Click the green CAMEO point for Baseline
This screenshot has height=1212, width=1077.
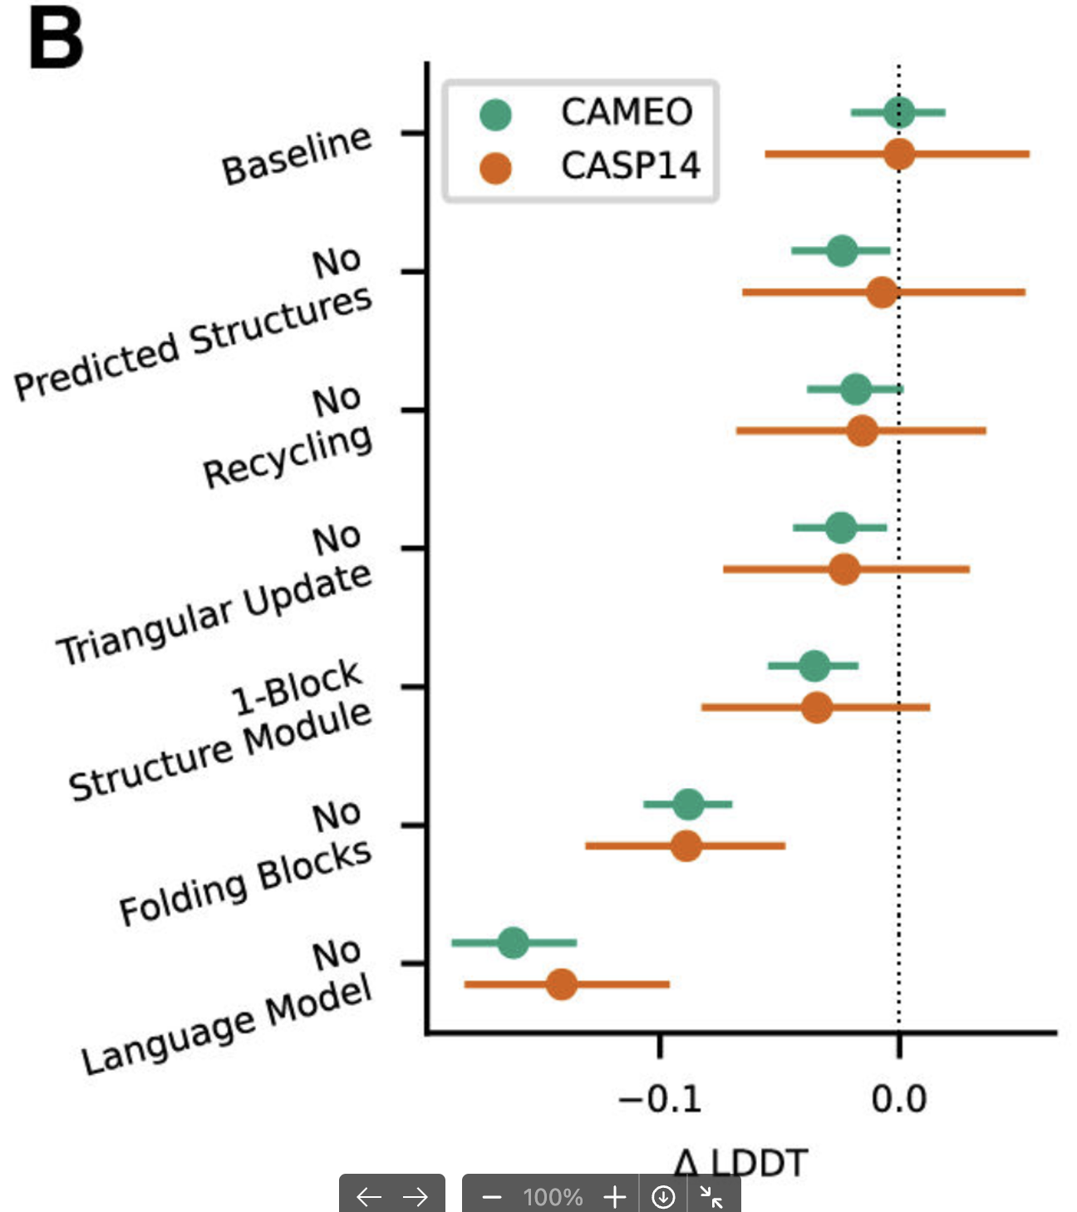pyautogui.click(x=899, y=112)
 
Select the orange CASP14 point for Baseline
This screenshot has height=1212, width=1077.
pyautogui.click(x=899, y=154)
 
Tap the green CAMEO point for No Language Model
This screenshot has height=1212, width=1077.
pyautogui.click(x=514, y=943)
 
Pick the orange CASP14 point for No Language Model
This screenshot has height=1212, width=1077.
pyautogui.click(x=562, y=984)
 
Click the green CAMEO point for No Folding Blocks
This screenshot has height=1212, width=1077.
pyautogui.click(x=688, y=804)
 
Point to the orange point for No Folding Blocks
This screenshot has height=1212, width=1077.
pyautogui.click(x=686, y=846)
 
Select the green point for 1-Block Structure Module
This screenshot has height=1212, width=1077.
pyautogui.click(x=814, y=665)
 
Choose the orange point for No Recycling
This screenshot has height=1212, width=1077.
pyautogui.click(x=863, y=431)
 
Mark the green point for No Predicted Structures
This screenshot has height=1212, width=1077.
pyautogui.click(x=842, y=250)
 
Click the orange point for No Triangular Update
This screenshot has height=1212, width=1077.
pyautogui.click(x=844, y=569)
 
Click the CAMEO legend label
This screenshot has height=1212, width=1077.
pyautogui.click(x=627, y=112)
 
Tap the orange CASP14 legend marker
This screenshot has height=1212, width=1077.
pyautogui.click(x=495, y=167)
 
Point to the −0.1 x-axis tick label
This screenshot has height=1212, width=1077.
pyautogui.click(x=661, y=1100)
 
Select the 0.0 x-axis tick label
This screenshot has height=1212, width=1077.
pyautogui.click(x=899, y=1100)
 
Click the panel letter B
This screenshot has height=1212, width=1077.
pyautogui.click(x=56, y=40)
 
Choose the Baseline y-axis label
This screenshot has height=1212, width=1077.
pyautogui.click(x=296, y=155)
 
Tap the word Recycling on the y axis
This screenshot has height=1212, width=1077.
pyautogui.click(x=288, y=456)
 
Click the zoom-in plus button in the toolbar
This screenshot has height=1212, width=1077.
pyautogui.click(x=615, y=1196)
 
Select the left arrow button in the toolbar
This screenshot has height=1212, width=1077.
pyautogui.click(x=368, y=1196)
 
